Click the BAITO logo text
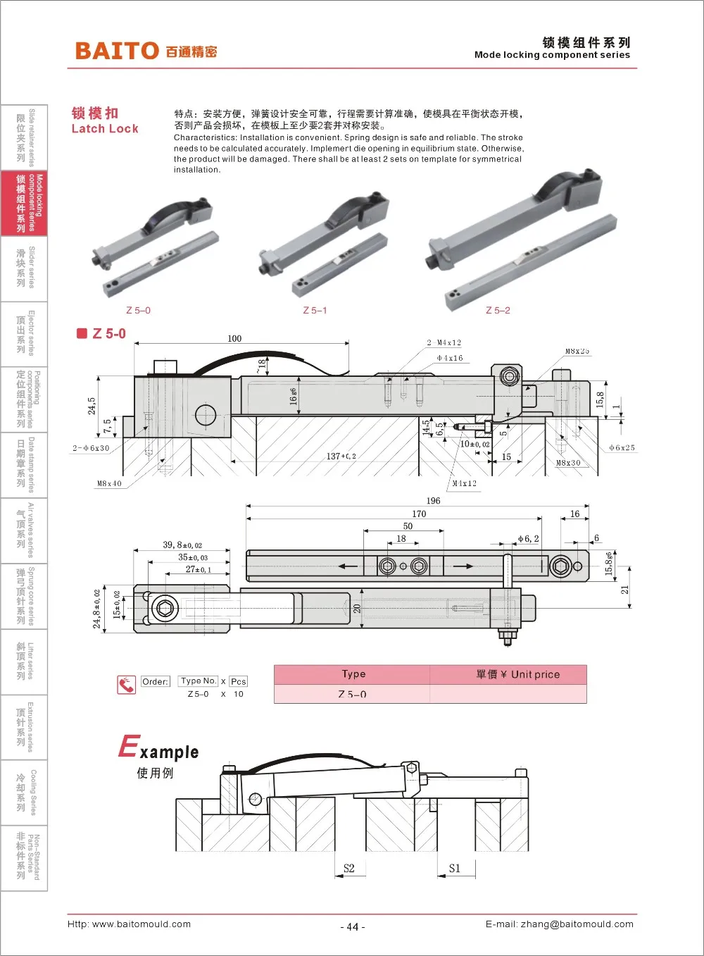coord(117,51)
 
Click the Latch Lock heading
coord(105,128)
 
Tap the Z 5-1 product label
coord(315,310)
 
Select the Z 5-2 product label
coord(498,310)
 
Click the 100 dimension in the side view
coord(234,338)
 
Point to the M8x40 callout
coord(109,483)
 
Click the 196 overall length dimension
coord(433,501)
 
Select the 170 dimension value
coord(419,514)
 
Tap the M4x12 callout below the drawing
coord(464,483)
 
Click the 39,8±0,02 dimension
coord(182,545)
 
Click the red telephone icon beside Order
coord(127,684)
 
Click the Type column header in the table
coord(353,674)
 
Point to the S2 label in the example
coord(349,868)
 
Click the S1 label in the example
coord(455,868)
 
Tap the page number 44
coord(353,926)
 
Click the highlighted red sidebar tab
coord(24,204)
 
